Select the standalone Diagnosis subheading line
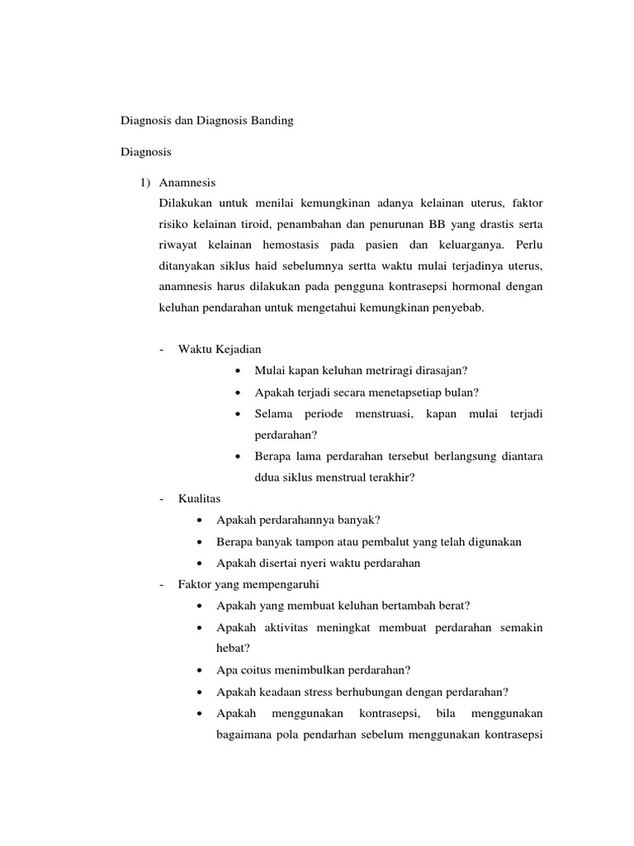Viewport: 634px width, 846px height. (x=146, y=152)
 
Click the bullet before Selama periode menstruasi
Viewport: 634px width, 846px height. (x=238, y=413)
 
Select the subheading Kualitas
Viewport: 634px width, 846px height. (x=199, y=499)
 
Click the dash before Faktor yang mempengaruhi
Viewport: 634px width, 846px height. (x=161, y=584)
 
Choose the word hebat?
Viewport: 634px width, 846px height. (x=232, y=649)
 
